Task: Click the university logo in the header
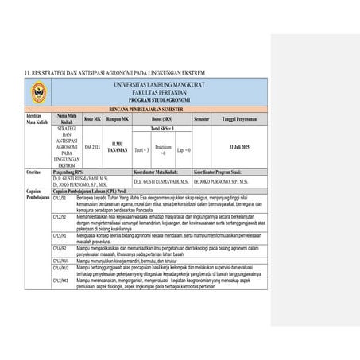pos(34,92)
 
